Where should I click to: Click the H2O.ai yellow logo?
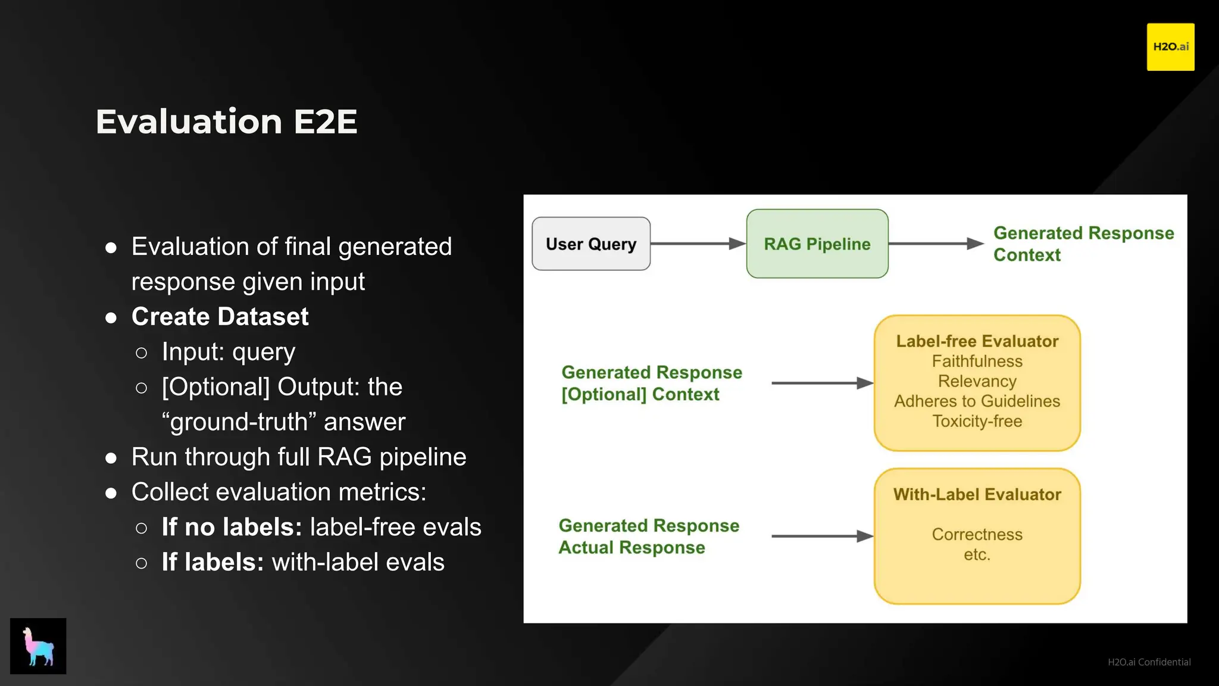pyautogui.click(x=1170, y=47)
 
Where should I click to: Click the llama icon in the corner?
pyautogui.click(x=38, y=646)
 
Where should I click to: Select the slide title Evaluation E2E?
pyautogui.click(x=226, y=121)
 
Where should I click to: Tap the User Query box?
pyautogui.click(x=590, y=244)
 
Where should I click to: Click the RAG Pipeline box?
pyautogui.click(x=817, y=244)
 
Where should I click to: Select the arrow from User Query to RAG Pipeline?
pyautogui.click(x=698, y=244)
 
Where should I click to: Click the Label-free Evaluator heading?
pyautogui.click(x=977, y=341)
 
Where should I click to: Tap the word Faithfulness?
pyautogui.click(x=977, y=361)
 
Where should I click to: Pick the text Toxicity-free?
pyautogui.click(x=977, y=422)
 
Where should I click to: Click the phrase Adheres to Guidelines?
pyautogui.click(x=977, y=401)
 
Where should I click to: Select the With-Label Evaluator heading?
pyautogui.click(x=977, y=494)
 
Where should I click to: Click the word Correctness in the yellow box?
pyautogui.click(x=977, y=535)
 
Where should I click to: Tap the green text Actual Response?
pyautogui.click(x=632, y=548)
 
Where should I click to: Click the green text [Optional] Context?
pyautogui.click(x=640, y=395)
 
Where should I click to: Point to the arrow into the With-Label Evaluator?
pyautogui.click(x=821, y=537)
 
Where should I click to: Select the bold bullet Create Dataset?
pyautogui.click(x=220, y=317)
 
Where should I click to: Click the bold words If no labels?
pyautogui.click(x=232, y=528)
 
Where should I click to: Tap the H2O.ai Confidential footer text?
pyautogui.click(x=1149, y=662)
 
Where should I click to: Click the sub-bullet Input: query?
pyautogui.click(x=228, y=352)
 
